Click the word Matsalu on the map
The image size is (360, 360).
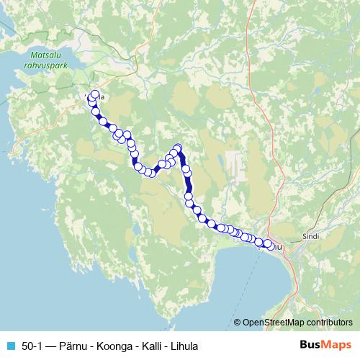(44, 54)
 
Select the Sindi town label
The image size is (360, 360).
(311, 235)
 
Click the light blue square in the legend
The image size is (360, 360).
(9, 345)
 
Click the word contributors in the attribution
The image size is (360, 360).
(331, 323)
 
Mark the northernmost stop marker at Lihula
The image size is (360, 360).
(94, 94)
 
